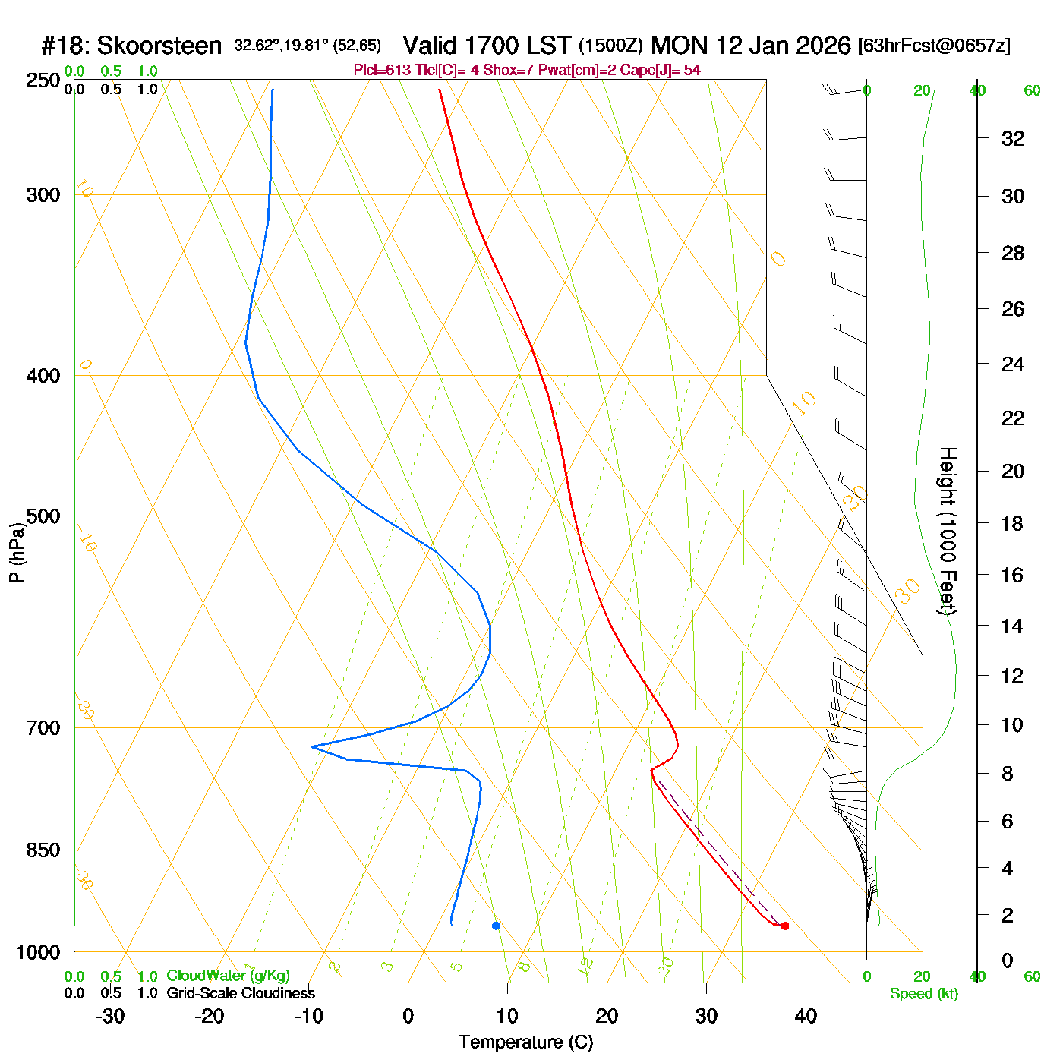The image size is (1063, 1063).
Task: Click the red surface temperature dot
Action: [785, 926]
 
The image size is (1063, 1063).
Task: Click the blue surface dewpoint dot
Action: [496, 926]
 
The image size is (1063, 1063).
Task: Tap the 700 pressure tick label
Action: [43, 728]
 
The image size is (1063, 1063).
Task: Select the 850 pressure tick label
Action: [43, 850]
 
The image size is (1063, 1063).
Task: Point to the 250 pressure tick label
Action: [43, 80]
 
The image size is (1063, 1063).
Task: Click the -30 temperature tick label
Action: [110, 1016]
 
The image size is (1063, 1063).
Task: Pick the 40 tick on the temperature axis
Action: [806, 1016]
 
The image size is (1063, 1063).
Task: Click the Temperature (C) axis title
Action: [525, 1042]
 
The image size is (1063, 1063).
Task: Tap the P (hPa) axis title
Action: [17, 552]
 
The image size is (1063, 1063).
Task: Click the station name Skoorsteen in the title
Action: [159, 46]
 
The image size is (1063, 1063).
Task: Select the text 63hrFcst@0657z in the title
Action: [934, 46]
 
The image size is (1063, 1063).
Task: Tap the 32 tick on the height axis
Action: [1013, 139]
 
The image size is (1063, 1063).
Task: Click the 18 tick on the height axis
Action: [1012, 523]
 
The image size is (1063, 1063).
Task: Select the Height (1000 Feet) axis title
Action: [948, 531]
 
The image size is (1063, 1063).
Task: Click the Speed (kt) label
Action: [923, 994]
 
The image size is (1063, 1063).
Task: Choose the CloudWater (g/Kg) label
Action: [228, 976]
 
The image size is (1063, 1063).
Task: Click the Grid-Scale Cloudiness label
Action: [241, 993]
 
